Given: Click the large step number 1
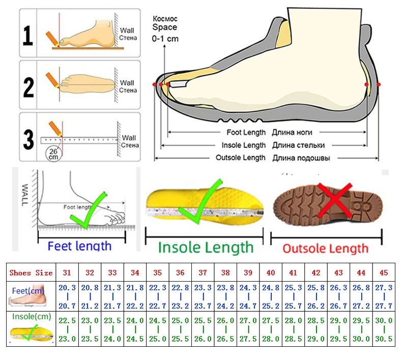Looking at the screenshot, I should coord(28,37).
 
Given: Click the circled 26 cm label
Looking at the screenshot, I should coord(52,153).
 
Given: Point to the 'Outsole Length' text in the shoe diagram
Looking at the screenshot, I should coord(240,158).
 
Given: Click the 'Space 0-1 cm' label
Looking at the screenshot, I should coord(165,31).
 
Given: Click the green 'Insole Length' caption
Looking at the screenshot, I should coord(206,248).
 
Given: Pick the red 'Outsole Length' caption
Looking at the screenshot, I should coord(325,248).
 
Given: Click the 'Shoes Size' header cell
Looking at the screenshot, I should coord(31,272).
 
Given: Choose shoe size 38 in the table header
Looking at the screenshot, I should coord(225,272).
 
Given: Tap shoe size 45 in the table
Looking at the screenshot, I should coord(384,272).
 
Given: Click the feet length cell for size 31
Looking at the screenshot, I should coord(67,296).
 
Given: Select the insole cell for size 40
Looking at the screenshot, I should coord(271,329).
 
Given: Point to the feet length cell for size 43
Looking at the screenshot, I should coord(338,296).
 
